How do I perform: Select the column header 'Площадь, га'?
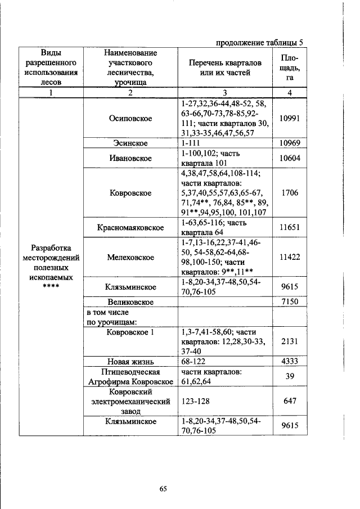[289, 67]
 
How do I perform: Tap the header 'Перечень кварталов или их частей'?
[224, 67]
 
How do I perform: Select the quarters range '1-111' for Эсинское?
[192, 143]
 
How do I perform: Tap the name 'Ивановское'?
[130, 158]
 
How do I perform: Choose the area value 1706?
[289, 193]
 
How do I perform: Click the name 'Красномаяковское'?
[130, 228]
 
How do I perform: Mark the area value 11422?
[289, 257]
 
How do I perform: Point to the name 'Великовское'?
[130, 302]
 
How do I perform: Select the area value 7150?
[289, 302]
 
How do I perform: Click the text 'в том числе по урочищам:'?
[108, 317]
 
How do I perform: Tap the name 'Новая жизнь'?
[130, 361]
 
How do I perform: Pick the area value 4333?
[289, 361]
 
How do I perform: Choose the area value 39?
[289, 376]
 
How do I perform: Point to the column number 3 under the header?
[224, 93]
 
